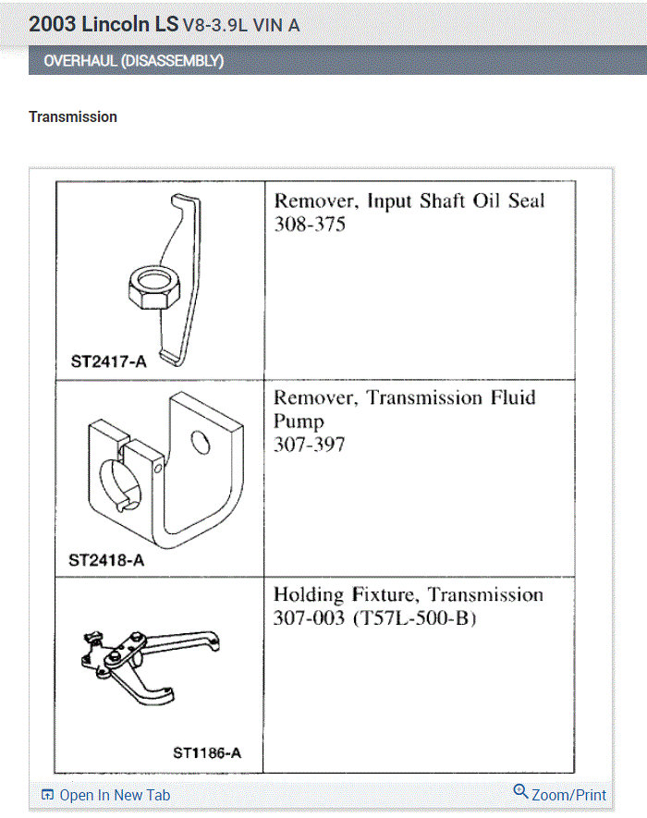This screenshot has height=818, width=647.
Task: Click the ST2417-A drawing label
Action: point(108,361)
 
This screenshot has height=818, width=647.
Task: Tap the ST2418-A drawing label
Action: point(106,560)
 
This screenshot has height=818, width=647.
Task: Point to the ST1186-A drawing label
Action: point(207,752)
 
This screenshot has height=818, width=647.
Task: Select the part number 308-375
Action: point(310,225)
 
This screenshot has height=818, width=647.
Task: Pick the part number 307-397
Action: point(310,445)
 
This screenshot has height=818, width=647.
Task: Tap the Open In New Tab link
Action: point(115,795)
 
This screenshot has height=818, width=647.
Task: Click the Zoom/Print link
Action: point(568,795)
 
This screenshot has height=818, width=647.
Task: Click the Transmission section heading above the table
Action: point(73,117)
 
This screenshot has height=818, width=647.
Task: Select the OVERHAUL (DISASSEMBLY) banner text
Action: point(134,62)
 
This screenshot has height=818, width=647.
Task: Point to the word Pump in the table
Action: point(299,421)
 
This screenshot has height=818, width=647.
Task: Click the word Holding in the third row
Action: point(308,594)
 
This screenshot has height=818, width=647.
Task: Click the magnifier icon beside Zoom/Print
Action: point(520,792)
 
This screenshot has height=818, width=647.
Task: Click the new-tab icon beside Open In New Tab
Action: point(48,795)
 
